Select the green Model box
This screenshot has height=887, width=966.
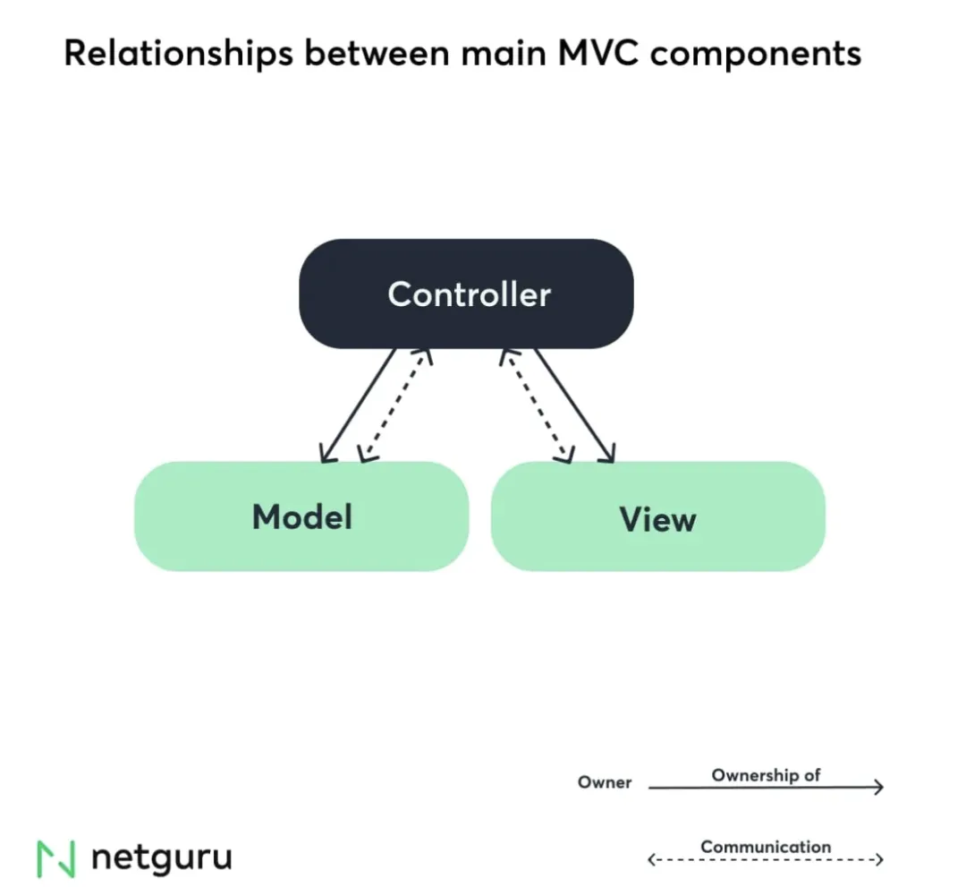tap(301, 516)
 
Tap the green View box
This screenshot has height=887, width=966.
tap(657, 516)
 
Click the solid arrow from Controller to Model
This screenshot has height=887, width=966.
tap(359, 405)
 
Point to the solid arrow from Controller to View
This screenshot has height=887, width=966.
tap(573, 405)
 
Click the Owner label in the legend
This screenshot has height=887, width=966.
tap(605, 782)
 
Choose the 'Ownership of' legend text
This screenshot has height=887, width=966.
tap(766, 775)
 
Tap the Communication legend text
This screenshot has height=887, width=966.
tap(766, 847)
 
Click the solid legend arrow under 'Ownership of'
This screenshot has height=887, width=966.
tap(766, 788)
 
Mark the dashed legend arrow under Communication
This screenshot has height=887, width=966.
tap(766, 860)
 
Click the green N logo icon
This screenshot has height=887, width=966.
tap(55, 858)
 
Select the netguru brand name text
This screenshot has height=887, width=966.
tap(161, 857)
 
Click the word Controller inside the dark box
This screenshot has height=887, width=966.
tap(469, 294)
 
